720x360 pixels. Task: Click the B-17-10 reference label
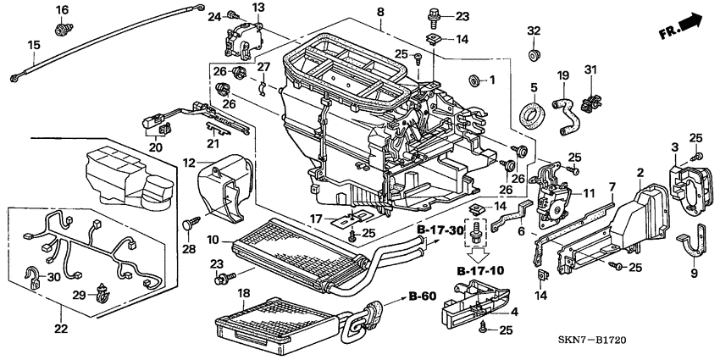479,270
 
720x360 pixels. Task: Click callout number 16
61,9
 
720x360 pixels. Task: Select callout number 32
533,31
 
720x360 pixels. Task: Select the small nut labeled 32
534,56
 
